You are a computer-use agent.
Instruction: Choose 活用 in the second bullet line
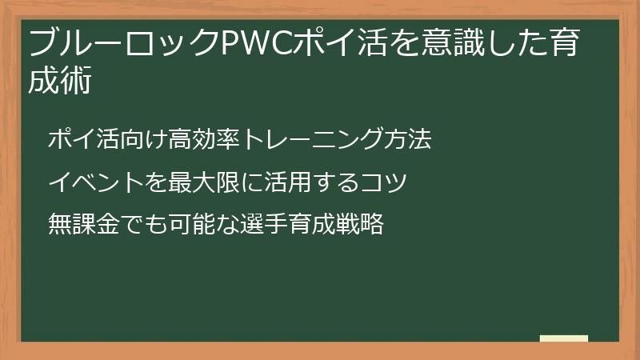pyautogui.click(x=285, y=182)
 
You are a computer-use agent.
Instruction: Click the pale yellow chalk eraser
pyautogui.click(x=564, y=338)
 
